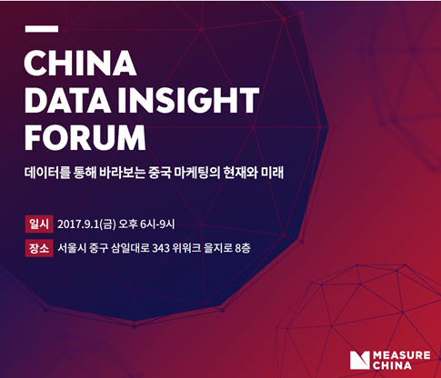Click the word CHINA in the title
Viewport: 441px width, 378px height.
80,63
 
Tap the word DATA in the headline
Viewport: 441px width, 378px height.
67,101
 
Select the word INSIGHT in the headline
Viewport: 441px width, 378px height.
188,101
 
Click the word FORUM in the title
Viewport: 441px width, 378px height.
85,138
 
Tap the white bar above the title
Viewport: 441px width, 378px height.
42,29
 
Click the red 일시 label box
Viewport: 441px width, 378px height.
39,224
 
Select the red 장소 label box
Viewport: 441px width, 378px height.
39,248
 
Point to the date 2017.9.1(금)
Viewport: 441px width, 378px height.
86,224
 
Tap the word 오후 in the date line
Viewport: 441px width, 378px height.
128,224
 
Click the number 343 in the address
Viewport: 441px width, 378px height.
161,248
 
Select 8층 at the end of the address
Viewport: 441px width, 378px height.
243,248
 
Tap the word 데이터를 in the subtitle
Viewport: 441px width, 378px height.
47,173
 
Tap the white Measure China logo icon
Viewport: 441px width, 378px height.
360,360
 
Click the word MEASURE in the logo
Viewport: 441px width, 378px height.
402,355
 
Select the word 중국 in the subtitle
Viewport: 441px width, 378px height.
160,173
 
